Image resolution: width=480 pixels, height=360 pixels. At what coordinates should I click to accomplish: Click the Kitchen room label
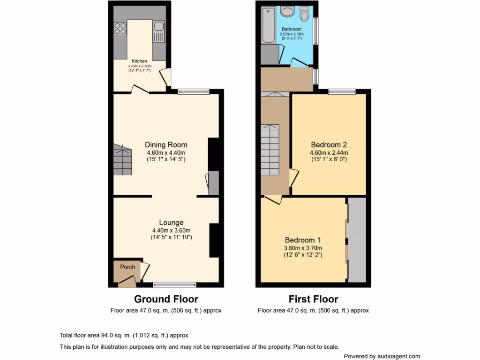pyautogui.click(x=139, y=61)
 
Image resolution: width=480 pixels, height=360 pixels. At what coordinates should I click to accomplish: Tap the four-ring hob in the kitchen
pyautogui.click(x=120, y=29)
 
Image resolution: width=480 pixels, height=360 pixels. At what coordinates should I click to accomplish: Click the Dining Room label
pyautogui.click(x=166, y=145)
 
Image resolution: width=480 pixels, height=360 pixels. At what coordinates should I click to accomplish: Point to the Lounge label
pyautogui.click(x=171, y=223)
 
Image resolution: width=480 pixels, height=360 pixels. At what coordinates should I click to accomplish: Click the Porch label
pyautogui.click(x=127, y=267)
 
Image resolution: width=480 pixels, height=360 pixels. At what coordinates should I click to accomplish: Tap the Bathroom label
pyautogui.click(x=292, y=29)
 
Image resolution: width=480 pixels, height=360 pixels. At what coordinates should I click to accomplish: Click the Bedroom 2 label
pyautogui.click(x=329, y=145)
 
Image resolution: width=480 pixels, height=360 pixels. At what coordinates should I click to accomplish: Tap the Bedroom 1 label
pyautogui.click(x=303, y=240)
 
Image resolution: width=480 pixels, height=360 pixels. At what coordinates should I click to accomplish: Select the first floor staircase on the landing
pyautogui.click(x=270, y=150)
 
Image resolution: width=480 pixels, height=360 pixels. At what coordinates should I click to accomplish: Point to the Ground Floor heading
pyautogui.click(x=166, y=299)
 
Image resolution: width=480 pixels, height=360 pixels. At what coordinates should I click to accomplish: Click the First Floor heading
pyautogui.click(x=313, y=299)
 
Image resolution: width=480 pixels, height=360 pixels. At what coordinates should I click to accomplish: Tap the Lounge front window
pyautogui.click(x=175, y=284)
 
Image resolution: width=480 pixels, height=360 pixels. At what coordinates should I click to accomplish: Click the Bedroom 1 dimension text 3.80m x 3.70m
pyautogui.click(x=303, y=248)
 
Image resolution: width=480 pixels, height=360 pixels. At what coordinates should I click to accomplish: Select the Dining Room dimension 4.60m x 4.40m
pyautogui.click(x=166, y=153)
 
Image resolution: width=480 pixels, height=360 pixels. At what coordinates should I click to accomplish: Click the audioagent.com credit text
pyautogui.click(x=382, y=356)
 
